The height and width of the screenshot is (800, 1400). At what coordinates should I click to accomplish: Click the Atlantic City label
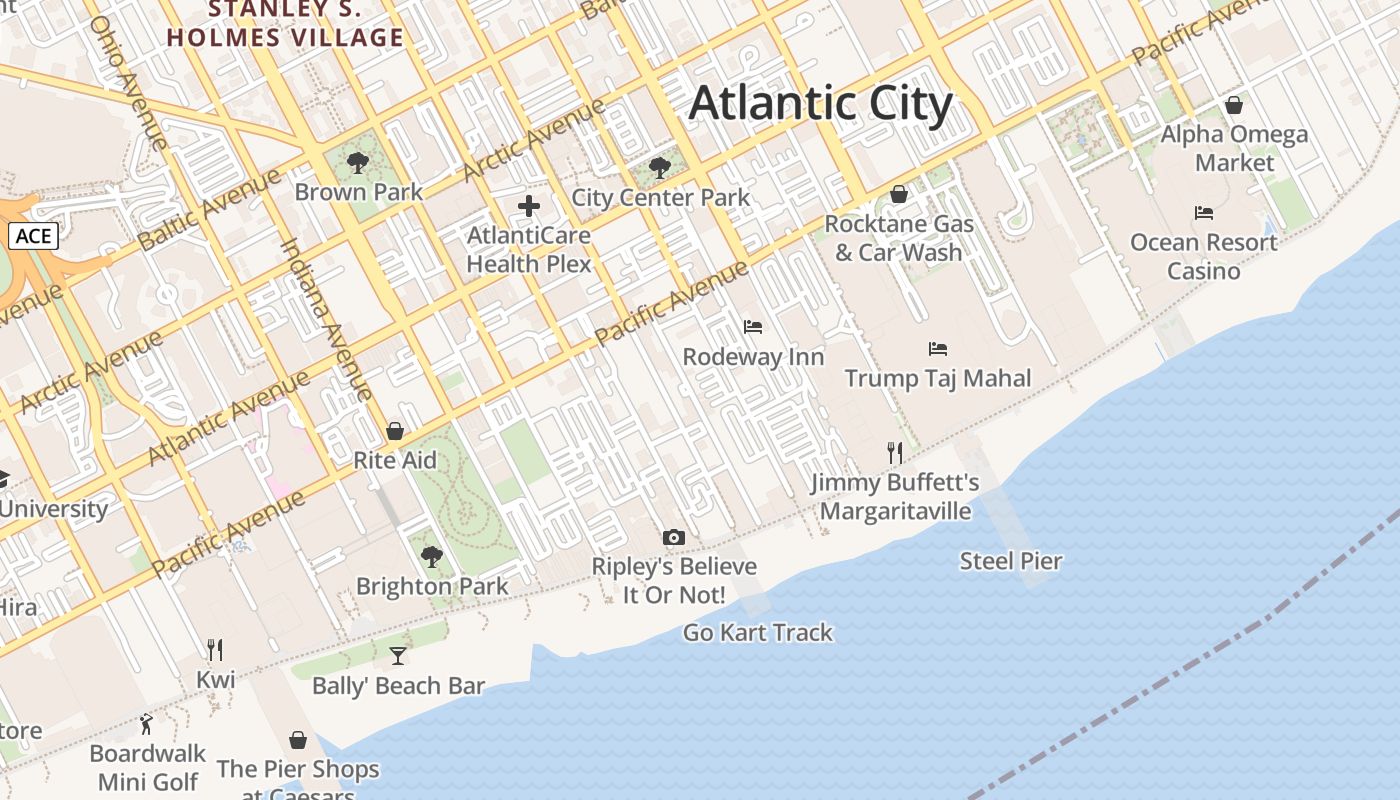coord(820,104)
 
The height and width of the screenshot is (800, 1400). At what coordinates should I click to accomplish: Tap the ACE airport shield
coord(33,236)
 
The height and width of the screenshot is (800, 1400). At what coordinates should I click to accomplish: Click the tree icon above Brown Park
coord(357,163)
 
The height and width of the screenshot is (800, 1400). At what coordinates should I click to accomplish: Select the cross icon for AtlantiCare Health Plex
coord(529,207)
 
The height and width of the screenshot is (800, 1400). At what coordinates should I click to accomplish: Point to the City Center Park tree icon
coord(659,168)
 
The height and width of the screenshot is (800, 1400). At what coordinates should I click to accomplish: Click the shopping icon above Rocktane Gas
coord(898,194)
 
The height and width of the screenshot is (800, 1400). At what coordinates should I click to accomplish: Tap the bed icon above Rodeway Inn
coord(753,327)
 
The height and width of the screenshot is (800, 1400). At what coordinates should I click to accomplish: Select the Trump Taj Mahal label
coord(937,378)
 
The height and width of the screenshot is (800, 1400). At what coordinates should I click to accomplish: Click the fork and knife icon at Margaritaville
coord(895,453)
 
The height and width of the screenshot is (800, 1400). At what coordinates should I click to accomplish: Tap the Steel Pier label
coord(1010,561)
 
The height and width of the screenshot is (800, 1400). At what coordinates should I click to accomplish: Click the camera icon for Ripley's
coord(674,538)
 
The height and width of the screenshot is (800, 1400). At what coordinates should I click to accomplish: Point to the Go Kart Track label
coord(757,632)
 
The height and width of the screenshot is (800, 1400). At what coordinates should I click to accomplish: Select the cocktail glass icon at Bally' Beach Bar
coord(398,656)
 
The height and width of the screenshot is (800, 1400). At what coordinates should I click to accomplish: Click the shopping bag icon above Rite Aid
coord(395,431)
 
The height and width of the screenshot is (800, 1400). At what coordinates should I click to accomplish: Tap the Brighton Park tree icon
coord(432,557)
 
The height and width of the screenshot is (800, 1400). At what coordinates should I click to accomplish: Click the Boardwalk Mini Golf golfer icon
coord(147,723)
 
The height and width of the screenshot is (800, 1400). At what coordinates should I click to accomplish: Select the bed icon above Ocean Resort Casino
coord(1204,213)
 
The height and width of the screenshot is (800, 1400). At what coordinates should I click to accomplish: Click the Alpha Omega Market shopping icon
coord(1234,105)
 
